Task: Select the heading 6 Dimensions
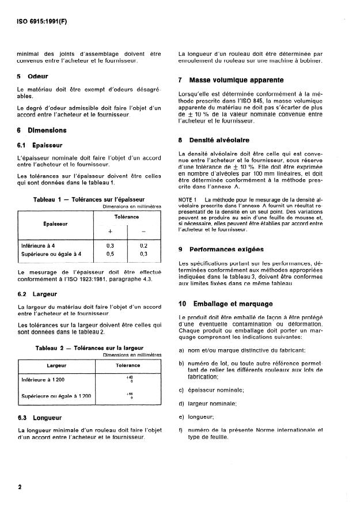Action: coord(43,130)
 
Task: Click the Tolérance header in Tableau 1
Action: coord(127,217)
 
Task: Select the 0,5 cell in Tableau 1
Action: coord(110,253)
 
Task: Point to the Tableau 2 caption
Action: coord(89,348)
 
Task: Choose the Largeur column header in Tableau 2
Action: coord(56,365)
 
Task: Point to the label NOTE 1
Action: coord(188,199)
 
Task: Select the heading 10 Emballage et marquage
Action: coord(226,303)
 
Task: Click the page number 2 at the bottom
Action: coord(20,487)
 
